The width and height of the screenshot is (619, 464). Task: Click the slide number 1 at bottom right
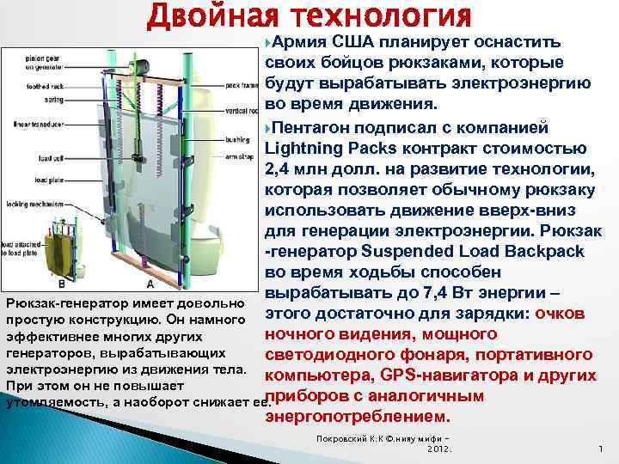[x=599, y=448]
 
